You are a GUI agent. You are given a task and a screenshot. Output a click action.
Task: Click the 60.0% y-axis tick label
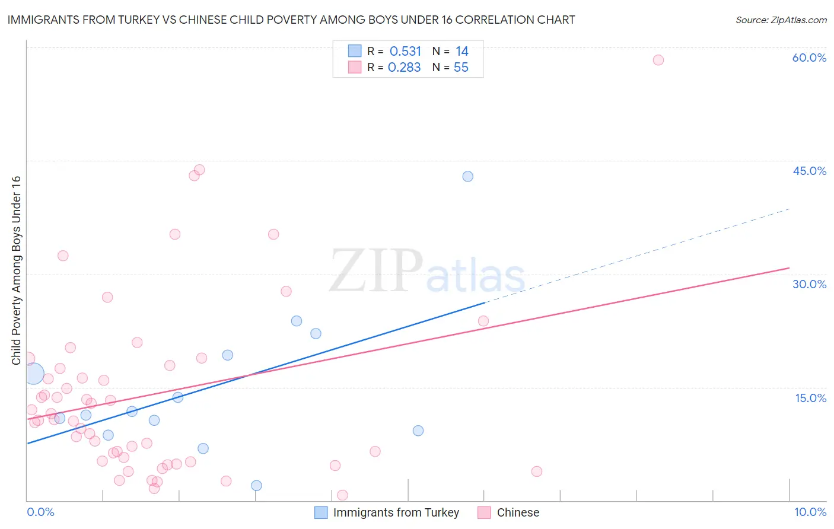[809, 58]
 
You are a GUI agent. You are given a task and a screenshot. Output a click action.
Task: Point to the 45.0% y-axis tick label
[809, 171]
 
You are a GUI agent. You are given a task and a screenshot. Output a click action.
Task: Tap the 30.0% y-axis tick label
[809, 284]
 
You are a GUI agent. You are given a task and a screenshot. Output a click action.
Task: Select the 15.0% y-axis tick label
[810, 398]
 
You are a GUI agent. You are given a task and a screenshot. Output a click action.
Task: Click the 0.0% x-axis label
[40, 512]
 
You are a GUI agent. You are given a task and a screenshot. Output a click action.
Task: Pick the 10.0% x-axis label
[810, 512]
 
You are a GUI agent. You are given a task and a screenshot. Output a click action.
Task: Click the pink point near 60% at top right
[658, 60]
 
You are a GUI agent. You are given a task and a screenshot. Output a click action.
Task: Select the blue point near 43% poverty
[468, 176]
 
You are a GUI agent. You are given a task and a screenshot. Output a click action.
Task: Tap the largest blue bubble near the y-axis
[33, 374]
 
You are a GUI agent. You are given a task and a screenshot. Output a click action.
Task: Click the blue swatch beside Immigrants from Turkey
[321, 512]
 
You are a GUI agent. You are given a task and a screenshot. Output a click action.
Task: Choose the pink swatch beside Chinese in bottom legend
[484, 512]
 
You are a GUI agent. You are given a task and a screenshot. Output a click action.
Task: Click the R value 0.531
[405, 52]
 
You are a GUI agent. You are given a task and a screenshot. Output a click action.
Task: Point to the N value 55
[461, 68]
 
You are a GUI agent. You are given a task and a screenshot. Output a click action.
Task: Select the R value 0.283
[404, 68]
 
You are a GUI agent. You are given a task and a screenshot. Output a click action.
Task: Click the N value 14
[461, 52]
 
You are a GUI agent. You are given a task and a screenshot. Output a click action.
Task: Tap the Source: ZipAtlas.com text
[781, 20]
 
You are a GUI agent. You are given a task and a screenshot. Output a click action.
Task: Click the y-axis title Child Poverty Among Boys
[17, 270]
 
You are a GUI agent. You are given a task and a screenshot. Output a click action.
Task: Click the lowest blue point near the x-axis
[256, 486]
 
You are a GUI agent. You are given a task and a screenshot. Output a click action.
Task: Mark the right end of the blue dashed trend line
[790, 209]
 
